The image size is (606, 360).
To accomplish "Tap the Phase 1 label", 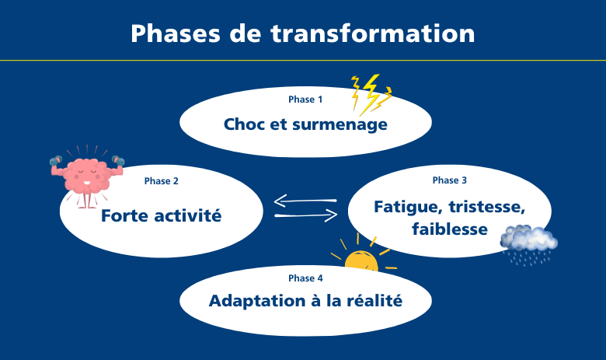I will point(305,100).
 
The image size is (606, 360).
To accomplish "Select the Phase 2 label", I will point(162,181).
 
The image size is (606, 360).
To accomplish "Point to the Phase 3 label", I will point(450,180).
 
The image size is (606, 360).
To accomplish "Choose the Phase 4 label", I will point(305,278).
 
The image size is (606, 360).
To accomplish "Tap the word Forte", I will point(126,216).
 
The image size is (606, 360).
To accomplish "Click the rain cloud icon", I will point(528,240).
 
